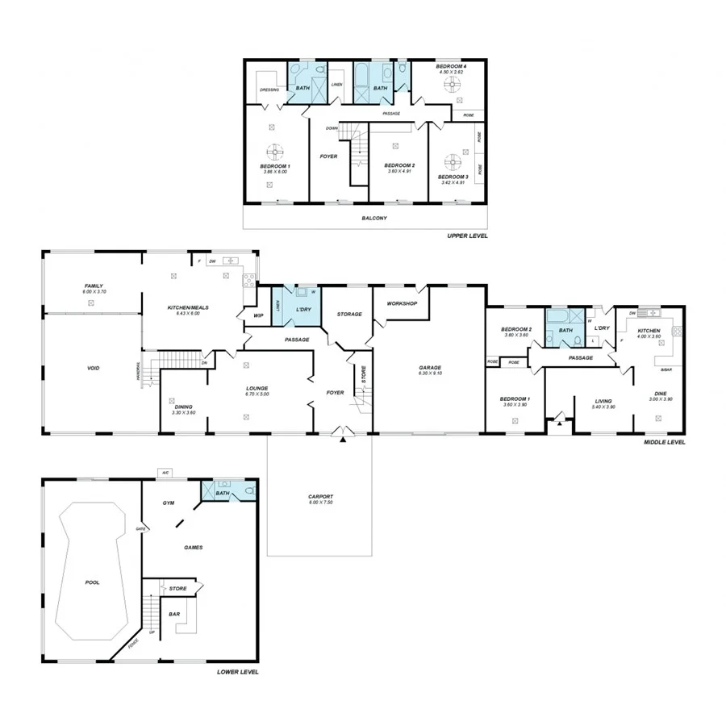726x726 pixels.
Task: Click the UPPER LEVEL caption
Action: [x=467, y=236]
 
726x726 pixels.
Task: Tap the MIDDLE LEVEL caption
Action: [x=665, y=442]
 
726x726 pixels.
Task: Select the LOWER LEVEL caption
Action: [x=238, y=671]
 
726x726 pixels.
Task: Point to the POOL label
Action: [x=93, y=582]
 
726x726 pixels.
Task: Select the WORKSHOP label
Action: [x=401, y=303]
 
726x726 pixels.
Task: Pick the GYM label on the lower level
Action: [x=169, y=503]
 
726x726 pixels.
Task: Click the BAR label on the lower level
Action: [x=174, y=614]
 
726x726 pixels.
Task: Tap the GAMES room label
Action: [x=193, y=547]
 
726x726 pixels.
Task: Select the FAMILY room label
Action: [x=94, y=286]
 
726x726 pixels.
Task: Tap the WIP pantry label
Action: [x=259, y=315]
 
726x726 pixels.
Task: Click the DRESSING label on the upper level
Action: [x=269, y=90]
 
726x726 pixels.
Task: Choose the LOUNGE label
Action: [x=257, y=388]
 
